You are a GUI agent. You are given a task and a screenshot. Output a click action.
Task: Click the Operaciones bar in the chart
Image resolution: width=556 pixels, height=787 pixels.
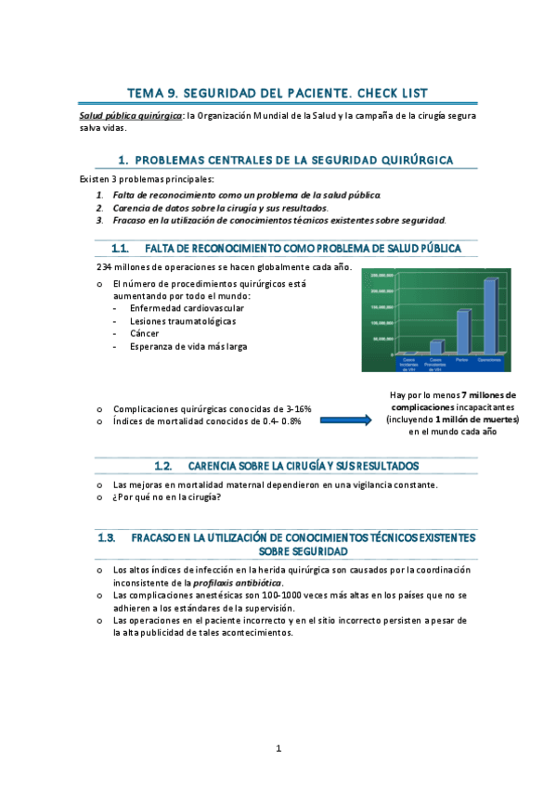click(489, 316)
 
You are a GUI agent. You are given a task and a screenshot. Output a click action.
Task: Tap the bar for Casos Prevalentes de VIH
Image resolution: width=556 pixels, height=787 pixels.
click(435, 347)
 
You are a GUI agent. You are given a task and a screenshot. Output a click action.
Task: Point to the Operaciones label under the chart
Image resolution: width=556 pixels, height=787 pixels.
click(489, 359)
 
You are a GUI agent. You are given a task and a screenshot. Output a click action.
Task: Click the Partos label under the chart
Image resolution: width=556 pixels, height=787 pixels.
click(462, 359)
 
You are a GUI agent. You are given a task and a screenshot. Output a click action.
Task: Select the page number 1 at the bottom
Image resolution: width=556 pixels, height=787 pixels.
click(278, 748)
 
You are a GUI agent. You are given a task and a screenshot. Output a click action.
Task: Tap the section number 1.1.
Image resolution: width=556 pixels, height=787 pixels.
click(119, 249)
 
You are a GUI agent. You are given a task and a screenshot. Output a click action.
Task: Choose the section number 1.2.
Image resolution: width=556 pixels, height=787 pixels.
click(163, 465)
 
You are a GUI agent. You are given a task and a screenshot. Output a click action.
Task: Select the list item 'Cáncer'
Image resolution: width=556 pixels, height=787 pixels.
click(145, 333)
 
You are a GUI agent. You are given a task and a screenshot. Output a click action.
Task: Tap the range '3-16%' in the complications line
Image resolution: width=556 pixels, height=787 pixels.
click(297, 408)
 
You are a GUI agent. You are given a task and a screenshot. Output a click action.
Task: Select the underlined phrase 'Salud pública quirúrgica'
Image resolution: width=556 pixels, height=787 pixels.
click(130, 116)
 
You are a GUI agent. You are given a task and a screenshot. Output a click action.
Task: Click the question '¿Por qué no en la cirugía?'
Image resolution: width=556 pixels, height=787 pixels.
click(167, 497)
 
